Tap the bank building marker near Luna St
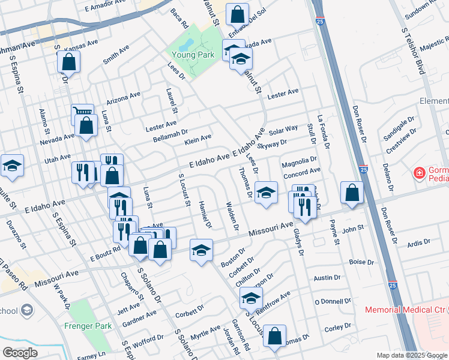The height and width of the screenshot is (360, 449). [x=119, y=196]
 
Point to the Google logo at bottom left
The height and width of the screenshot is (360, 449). [x=20, y=353]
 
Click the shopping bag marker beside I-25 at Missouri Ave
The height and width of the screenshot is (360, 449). [x=352, y=193]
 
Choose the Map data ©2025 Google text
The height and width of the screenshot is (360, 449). [x=412, y=355]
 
